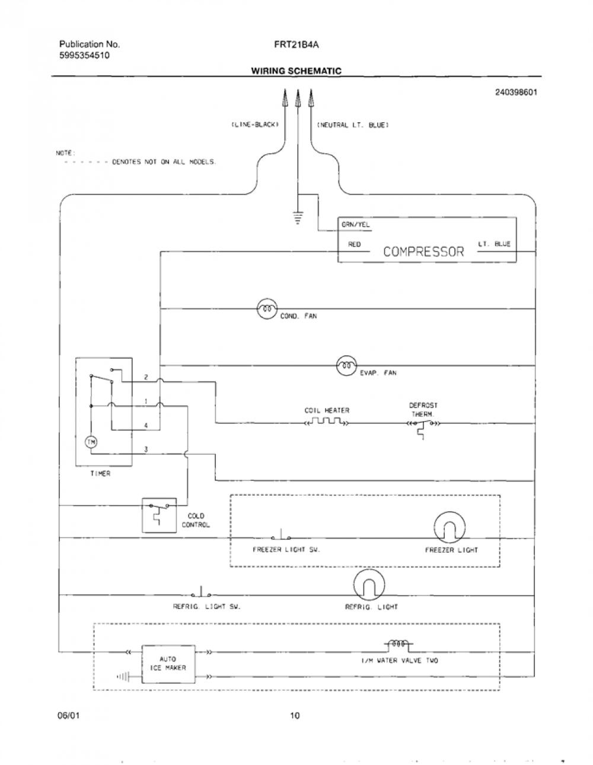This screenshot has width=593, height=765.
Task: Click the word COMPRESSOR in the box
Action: coord(423,251)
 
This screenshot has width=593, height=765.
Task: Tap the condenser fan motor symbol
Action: coord(267,309)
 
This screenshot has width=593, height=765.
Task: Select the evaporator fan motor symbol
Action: coord(347,365)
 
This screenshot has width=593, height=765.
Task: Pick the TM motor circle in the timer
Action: coord(91,442)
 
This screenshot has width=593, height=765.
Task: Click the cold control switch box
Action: coord(159,515)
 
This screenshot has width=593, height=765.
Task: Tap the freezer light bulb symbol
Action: coord(449,527)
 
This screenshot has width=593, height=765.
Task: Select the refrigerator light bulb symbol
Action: coord(369,585)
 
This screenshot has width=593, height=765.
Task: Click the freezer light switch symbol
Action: coord(281,535)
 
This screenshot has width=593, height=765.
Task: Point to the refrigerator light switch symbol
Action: coord(201,592)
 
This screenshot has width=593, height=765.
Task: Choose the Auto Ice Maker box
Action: coord(168,664)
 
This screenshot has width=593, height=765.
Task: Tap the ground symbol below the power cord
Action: coord(298,217)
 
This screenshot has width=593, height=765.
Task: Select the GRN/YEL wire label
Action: coord(355,225)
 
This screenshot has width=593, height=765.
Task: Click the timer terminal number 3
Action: coord(146,449)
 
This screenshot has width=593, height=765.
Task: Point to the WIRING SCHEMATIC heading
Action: coord(296,71)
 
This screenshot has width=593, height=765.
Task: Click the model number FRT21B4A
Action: coord(296,44)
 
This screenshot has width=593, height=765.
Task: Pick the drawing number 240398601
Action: coord(516,93)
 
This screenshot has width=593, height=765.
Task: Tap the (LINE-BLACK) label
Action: coord(255,125)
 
